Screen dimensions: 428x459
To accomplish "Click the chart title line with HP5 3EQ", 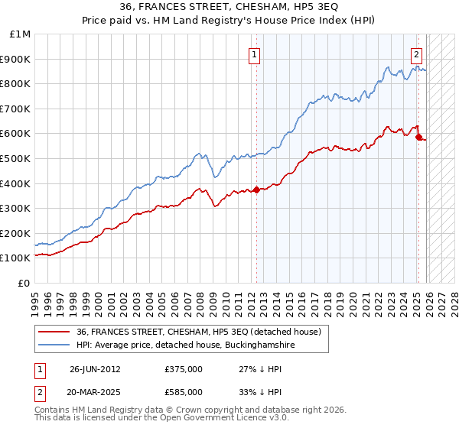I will pyautogui.click(x=229, y=6).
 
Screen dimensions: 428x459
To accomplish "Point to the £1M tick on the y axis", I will pyautogui.click(x=21, y=34).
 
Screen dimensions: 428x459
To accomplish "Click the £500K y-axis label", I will pyautogui.click(x=16, y=158).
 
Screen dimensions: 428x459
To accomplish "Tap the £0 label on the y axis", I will pyautogui.click(x=24, y=283).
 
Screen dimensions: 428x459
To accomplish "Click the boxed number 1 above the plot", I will pyautogui.click(x=253, y=54).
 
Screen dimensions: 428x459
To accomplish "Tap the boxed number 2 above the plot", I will pyautogui.click(x=416, y=54).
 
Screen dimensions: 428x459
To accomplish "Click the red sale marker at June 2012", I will pyautogui.click(x=256, y=190).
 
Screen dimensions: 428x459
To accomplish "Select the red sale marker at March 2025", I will pyautogui.click(x=418, y=138).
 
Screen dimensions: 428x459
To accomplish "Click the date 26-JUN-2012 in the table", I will pyautogui.click(x=95, y=369).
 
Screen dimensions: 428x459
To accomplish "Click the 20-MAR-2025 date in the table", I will pyautogui.click(x=95, y=392).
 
